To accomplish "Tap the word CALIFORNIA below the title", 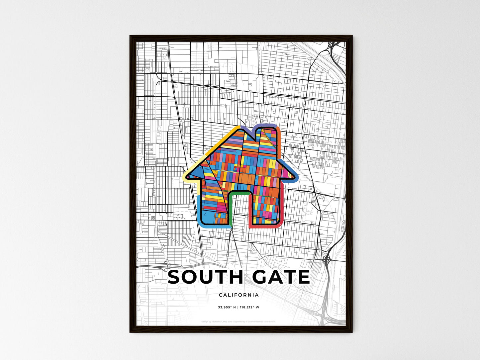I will click(x=239, y=295).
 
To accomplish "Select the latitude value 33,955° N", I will click(x=227, y=308).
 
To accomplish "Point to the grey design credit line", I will click(x=239, y=321).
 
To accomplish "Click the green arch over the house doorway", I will click(x=239, y=193).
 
